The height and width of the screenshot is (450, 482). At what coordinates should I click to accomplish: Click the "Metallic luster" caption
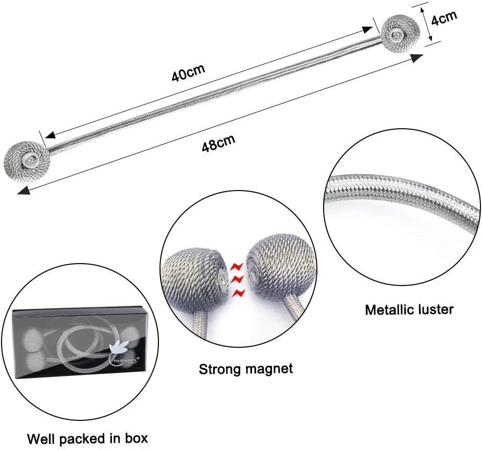click(x=409, y=309)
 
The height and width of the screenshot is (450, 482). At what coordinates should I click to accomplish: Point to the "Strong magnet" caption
click(x=246, y=369)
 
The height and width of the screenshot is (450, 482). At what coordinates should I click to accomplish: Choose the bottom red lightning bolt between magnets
click(x=238, y=293)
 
